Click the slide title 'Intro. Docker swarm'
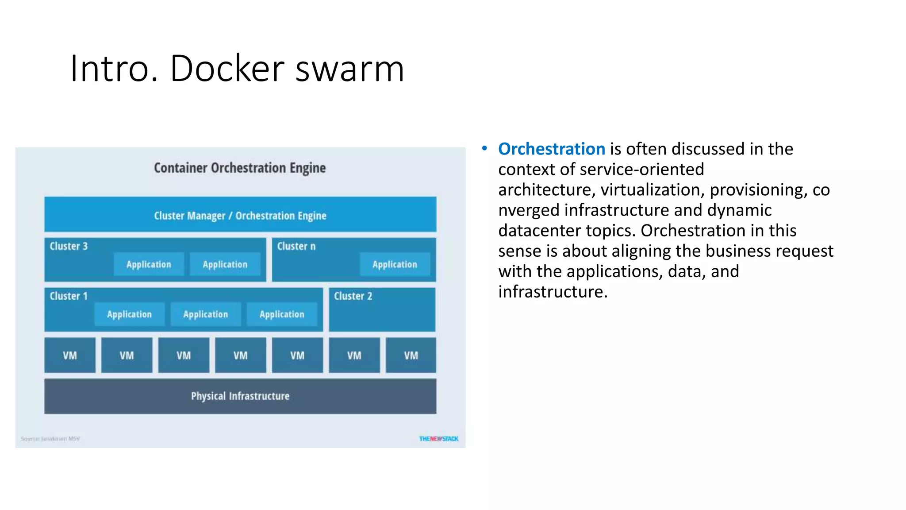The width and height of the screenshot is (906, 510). pos(237,69)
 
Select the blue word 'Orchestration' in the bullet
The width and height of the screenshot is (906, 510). pos(551,149)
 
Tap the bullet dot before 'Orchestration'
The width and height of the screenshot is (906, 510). pos(484,149)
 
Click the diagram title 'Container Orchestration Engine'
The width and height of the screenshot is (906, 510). pos(240,168)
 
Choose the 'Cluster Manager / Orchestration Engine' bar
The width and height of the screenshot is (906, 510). pos(240,215)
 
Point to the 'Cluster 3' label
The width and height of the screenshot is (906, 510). pos(69,246)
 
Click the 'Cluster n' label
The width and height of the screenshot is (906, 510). pos(296,246)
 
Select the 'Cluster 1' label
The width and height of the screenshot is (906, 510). pos(69,296)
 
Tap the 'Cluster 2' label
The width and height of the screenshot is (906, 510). pos(353,296)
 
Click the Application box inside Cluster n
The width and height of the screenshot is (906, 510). pos(395,265)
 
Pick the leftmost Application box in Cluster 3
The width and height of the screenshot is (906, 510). pos(149,265)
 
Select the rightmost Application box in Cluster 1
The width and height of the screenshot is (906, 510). pos(282,314)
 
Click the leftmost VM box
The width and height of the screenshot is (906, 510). pos(70,355)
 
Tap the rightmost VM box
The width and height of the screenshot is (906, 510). pos(411,355)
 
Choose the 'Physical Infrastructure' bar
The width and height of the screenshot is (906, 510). pos(240,396)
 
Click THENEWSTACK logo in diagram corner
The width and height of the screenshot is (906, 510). pos(439,439)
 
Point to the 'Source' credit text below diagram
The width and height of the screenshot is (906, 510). pos(50,439)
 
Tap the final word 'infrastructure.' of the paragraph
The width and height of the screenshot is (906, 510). pos(553,292)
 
